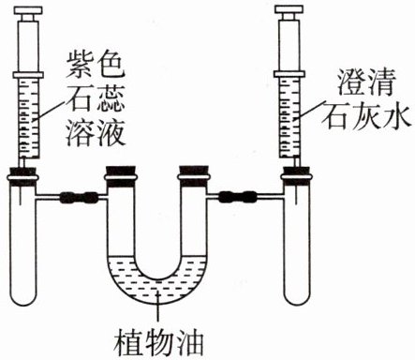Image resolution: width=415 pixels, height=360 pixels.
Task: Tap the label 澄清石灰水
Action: [366, 99]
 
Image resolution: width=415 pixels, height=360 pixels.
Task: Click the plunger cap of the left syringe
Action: [28, 10]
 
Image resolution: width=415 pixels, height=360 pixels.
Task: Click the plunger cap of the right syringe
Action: [289, 10]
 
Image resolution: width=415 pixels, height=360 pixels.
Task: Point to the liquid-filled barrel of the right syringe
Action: [289, 117]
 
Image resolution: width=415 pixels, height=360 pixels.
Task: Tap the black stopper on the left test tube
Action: [23, 172]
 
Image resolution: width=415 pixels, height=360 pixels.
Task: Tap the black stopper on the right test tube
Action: [296, 171]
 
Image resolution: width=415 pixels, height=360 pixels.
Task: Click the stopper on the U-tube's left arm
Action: [121, 171]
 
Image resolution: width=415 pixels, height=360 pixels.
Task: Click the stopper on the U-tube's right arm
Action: [194, 171]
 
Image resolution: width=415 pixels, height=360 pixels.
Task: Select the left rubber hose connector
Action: [79, 197]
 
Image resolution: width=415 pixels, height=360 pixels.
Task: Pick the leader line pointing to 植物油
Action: [159, 308]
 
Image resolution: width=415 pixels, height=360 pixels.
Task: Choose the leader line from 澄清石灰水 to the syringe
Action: [310, 110]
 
